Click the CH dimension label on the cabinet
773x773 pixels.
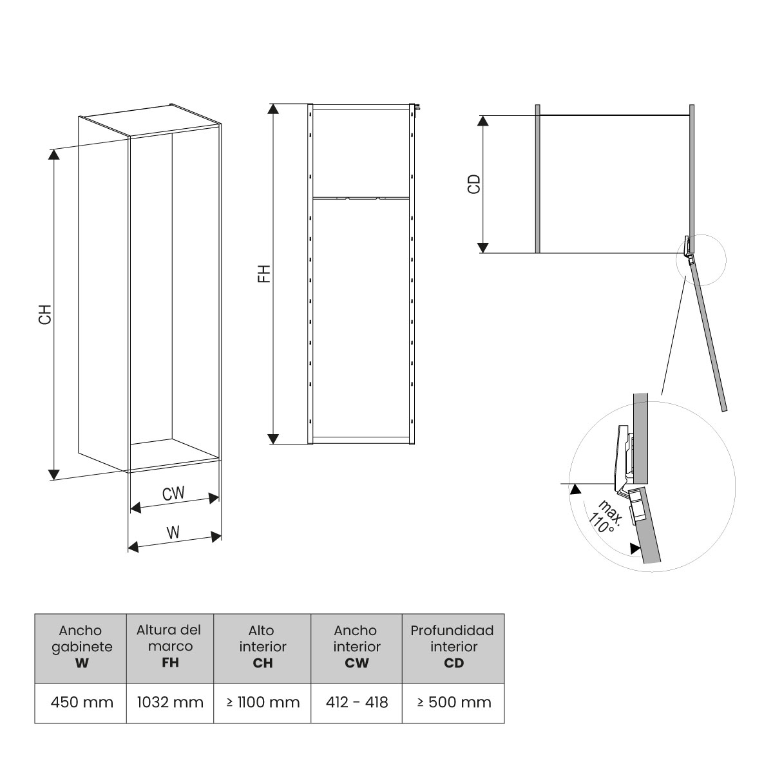click(44, 314)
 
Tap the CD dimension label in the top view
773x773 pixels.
click(474, 184)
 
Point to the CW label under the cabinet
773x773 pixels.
click(173, 494)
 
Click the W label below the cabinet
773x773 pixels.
click(173, 533)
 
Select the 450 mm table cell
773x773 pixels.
click(81, 702)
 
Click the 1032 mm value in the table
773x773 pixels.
click(170, 702)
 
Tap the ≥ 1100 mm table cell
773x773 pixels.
click(263, 702)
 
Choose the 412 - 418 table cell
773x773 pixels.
click(357, 702)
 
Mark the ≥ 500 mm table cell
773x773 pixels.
click(453, 702)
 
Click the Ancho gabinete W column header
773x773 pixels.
click(81, 647)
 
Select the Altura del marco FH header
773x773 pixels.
click(170, 647)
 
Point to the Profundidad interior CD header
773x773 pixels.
click(453, 647)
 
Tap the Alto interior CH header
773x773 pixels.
click(263, 647)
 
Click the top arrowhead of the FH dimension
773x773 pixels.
click(274, 110)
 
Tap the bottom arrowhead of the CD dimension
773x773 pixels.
click(483, 247)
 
